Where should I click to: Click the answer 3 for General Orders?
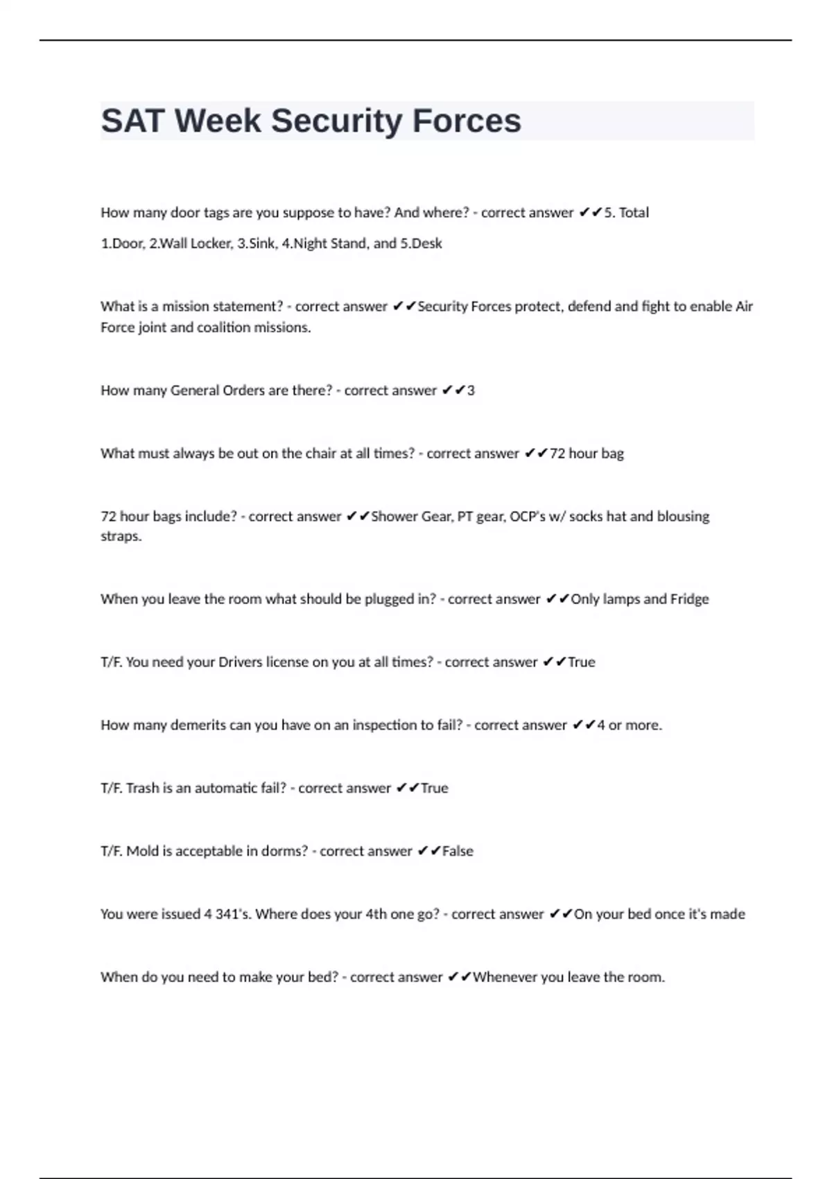(471, 390)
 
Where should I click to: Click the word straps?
(121, 536)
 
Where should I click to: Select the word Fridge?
(689, 599)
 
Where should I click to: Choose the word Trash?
(142, 789)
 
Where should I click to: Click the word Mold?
(142, 852)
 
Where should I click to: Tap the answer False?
(458, 852)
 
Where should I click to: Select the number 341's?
(233, 915)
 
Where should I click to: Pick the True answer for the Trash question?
(435, 789)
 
